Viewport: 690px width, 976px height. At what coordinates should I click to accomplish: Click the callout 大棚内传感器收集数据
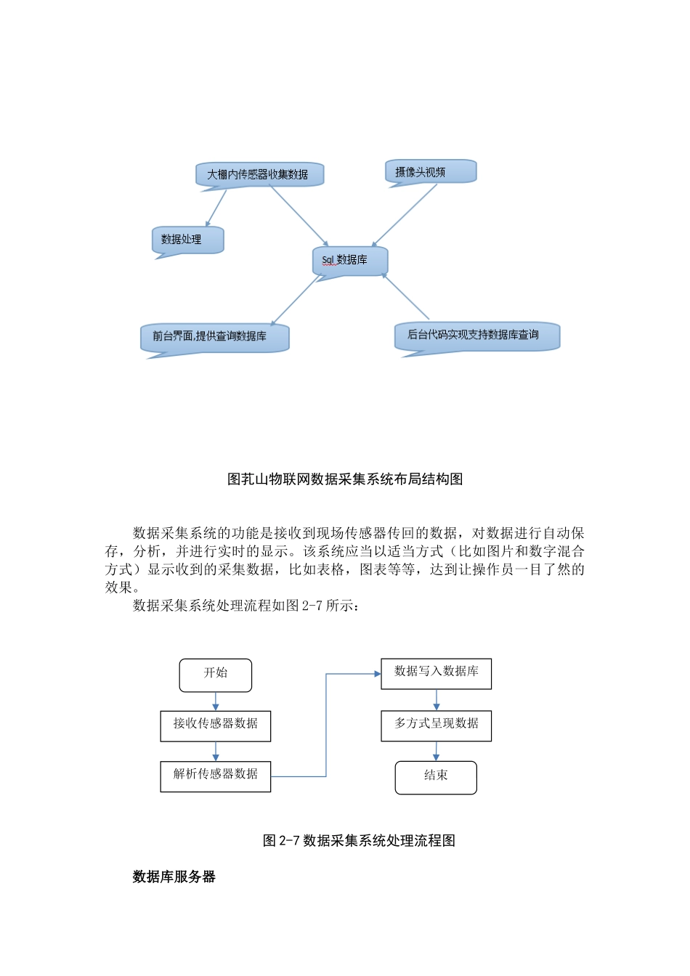[259, 174]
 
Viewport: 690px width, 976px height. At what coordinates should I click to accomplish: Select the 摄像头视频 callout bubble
[430, 172]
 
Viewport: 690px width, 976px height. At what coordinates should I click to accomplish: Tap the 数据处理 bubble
[187, 240]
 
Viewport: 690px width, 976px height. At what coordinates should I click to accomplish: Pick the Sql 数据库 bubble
[350, 260]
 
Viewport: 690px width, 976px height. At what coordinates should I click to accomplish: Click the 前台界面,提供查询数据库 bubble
[215, 337]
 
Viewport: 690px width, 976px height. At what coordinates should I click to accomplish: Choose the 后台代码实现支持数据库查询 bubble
[477, 335]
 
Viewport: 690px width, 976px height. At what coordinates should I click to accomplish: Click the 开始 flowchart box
[216, 675]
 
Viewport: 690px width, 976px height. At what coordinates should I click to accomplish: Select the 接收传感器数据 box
[216, 725]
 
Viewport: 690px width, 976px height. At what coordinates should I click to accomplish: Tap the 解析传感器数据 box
[216, 776]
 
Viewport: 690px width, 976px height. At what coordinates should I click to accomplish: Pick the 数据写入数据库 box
[436, 673]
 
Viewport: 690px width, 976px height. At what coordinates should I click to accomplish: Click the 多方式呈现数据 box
[436, 725]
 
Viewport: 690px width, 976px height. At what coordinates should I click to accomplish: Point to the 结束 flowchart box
[436, 777]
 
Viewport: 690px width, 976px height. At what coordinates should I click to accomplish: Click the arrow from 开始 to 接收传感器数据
[216, 701]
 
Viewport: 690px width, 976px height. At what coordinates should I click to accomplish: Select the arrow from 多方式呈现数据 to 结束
[436, 751]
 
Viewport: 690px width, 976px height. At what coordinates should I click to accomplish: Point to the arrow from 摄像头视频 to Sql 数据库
[405, 215]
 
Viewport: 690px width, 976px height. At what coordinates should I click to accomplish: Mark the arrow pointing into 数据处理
[216, 208]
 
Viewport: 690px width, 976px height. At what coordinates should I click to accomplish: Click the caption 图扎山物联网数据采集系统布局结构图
[345, 479]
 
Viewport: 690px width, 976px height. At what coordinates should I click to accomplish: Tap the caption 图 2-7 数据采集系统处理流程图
[359, 841]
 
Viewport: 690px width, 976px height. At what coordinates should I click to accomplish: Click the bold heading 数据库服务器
[174, 877]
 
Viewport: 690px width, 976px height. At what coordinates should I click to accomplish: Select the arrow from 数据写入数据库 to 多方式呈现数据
[436, 699]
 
